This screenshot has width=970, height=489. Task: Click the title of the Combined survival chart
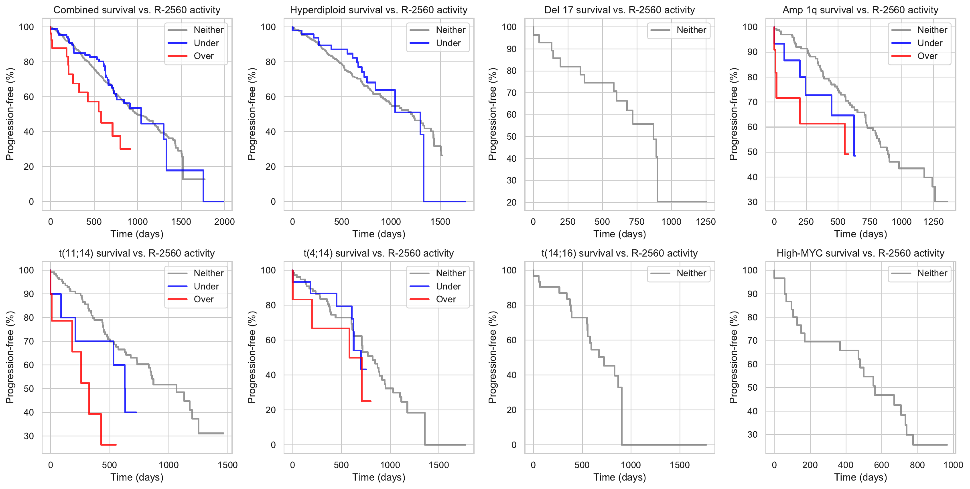coord(137,10)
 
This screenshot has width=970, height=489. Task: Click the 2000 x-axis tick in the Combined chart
coord(224,222)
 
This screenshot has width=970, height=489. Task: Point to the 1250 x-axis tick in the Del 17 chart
coord(706,222)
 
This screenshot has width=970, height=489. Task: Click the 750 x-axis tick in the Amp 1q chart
coord(870,222)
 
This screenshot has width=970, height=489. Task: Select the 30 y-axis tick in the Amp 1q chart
coord(752,202)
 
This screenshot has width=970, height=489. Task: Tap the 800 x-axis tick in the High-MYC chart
coord(917,465)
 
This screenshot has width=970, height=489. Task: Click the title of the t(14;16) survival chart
coord(619,253)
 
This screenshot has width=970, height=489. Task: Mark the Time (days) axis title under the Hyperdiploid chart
coord(379,234)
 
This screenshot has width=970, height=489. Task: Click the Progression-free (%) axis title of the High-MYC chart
coord(734,357)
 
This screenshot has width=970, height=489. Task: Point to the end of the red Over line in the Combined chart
coord(130,149)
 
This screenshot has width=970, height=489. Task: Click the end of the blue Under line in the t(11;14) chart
coord(136,412)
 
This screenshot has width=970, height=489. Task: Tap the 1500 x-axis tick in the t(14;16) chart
coord(680,465)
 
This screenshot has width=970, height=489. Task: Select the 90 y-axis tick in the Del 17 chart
coord(511,49)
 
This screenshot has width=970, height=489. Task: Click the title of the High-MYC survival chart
coord(860,253)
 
